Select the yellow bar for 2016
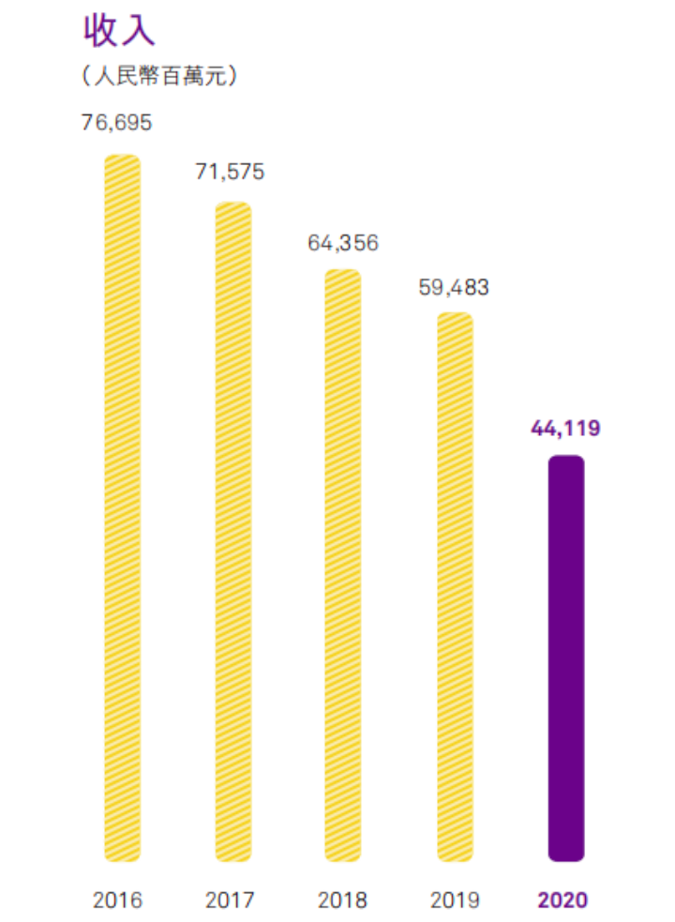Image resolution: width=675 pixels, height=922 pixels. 122,506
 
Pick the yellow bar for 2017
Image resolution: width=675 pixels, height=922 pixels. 232,531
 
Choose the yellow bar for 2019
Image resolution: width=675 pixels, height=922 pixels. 455,586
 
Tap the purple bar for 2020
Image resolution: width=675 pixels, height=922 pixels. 566,657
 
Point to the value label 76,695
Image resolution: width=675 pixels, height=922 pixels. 116,123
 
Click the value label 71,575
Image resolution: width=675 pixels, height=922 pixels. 230,172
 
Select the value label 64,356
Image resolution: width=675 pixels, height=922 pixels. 342,243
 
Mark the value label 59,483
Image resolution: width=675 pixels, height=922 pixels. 454,287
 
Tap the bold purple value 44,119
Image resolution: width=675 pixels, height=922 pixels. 564,429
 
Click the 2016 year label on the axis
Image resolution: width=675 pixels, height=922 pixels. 118,900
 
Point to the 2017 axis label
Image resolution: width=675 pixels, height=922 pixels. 230,900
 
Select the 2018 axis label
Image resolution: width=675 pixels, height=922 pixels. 342,900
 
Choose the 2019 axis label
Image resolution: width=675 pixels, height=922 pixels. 454,900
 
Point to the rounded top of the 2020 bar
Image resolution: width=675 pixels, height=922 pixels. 566,461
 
